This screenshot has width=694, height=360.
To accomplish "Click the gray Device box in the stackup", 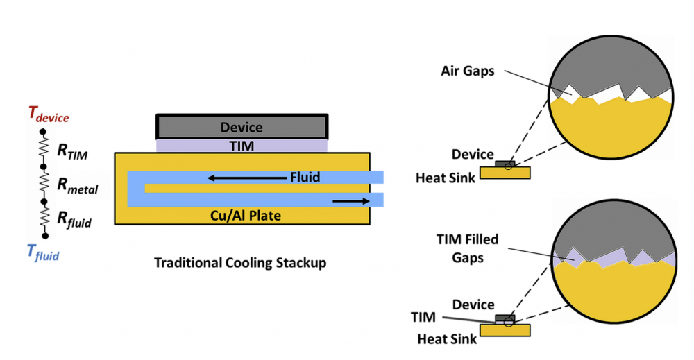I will [x=242, y=127].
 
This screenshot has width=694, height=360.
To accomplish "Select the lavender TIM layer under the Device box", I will [x=242, y=146].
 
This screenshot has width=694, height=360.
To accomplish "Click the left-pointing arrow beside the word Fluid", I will [x=246, y=178].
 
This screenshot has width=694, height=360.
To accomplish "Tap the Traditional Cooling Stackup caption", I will [x=239, y=264].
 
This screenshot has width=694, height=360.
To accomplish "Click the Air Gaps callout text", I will [x=467, y=71].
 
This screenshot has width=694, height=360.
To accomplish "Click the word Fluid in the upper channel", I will [x=305, y=178].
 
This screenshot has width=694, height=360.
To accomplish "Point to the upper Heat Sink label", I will [x=446, y=178].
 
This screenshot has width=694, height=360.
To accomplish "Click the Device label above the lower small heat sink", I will [x=473, y=305].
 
